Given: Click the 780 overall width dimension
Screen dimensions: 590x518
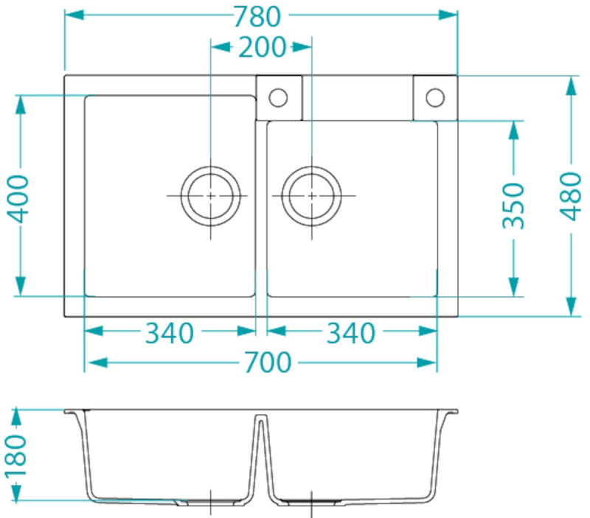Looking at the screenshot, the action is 257,17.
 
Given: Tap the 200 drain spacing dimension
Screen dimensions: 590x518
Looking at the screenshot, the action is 262,47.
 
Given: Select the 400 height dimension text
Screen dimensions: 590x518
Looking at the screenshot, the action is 18,199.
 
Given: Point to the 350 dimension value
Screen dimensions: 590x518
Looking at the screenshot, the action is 513,206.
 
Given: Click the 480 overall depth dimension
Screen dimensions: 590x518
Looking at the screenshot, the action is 571,196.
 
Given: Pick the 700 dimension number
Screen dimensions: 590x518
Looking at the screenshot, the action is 268,363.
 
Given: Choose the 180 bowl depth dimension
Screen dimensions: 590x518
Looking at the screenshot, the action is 16,455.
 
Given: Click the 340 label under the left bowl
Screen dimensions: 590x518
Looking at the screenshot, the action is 170,333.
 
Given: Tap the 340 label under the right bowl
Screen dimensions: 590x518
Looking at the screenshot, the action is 351,333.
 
